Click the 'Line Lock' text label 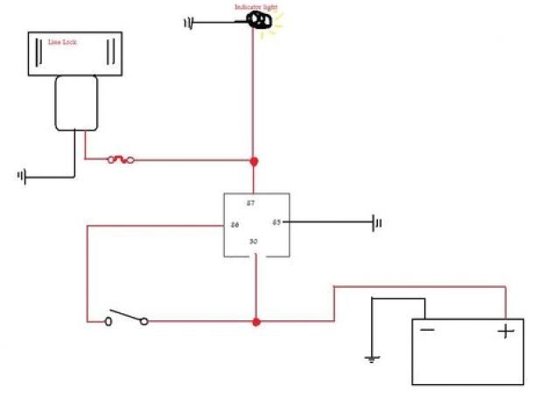pos(61,42)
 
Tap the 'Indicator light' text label pos(255,8)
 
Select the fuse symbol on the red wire pos(120,160)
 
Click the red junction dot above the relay pos(255,161)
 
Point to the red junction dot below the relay pos(256,322)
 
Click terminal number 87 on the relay pos(250,203)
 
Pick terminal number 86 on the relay pos(234,225)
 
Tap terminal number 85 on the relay pos(276,222)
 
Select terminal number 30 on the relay pos(254,241)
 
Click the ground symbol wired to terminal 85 pos(378,223)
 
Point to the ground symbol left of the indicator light pos(188,22)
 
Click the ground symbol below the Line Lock pos(21,177)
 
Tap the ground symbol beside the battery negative pos(372,358)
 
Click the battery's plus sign pos(504,332)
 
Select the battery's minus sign pos(427,331)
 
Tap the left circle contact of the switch pos(108,322)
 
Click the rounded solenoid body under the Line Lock pos(76,102)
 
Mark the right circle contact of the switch pos(144,322)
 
